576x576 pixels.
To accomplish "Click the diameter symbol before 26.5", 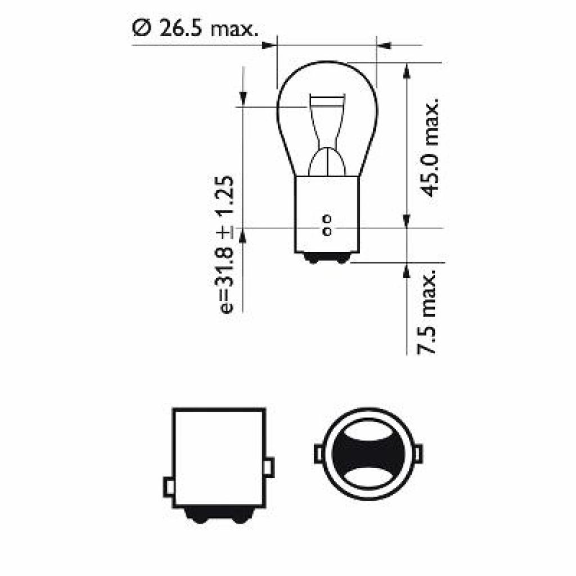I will [141, 28].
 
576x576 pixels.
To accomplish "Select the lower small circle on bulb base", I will [326, 231].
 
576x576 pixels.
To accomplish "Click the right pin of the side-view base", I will [269, 466].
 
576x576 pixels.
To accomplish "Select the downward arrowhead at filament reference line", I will [244, 98].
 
